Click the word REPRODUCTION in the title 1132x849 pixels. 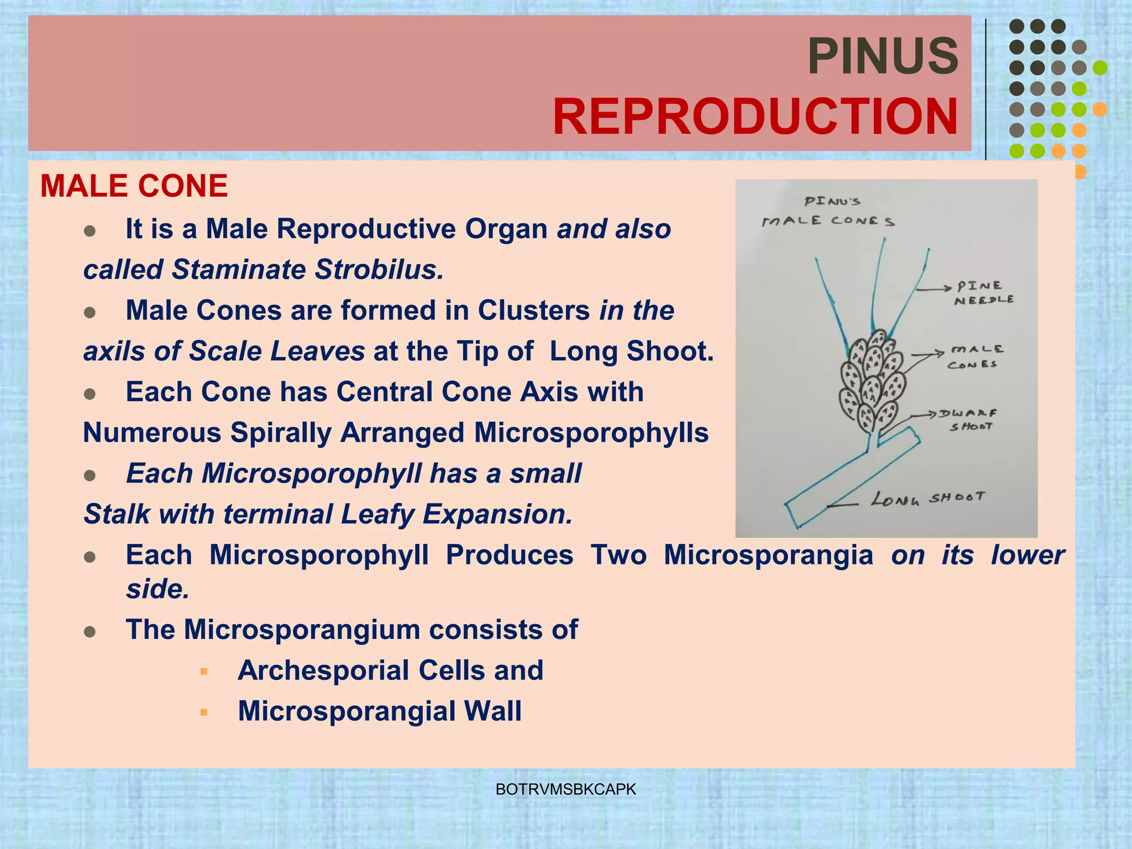(755, 117)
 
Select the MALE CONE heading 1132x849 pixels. (134, 186)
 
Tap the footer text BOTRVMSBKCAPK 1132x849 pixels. (566, 789)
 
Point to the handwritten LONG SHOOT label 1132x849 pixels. (928, 498)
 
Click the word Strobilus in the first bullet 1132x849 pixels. (379, 270)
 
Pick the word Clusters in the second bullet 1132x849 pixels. (533, 310)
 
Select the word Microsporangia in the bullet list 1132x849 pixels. (768, 555)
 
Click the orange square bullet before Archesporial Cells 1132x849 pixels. (204, 672)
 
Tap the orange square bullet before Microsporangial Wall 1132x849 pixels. (204, 712)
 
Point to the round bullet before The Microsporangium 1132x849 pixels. (90, 631)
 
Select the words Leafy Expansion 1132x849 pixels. (457, 514)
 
